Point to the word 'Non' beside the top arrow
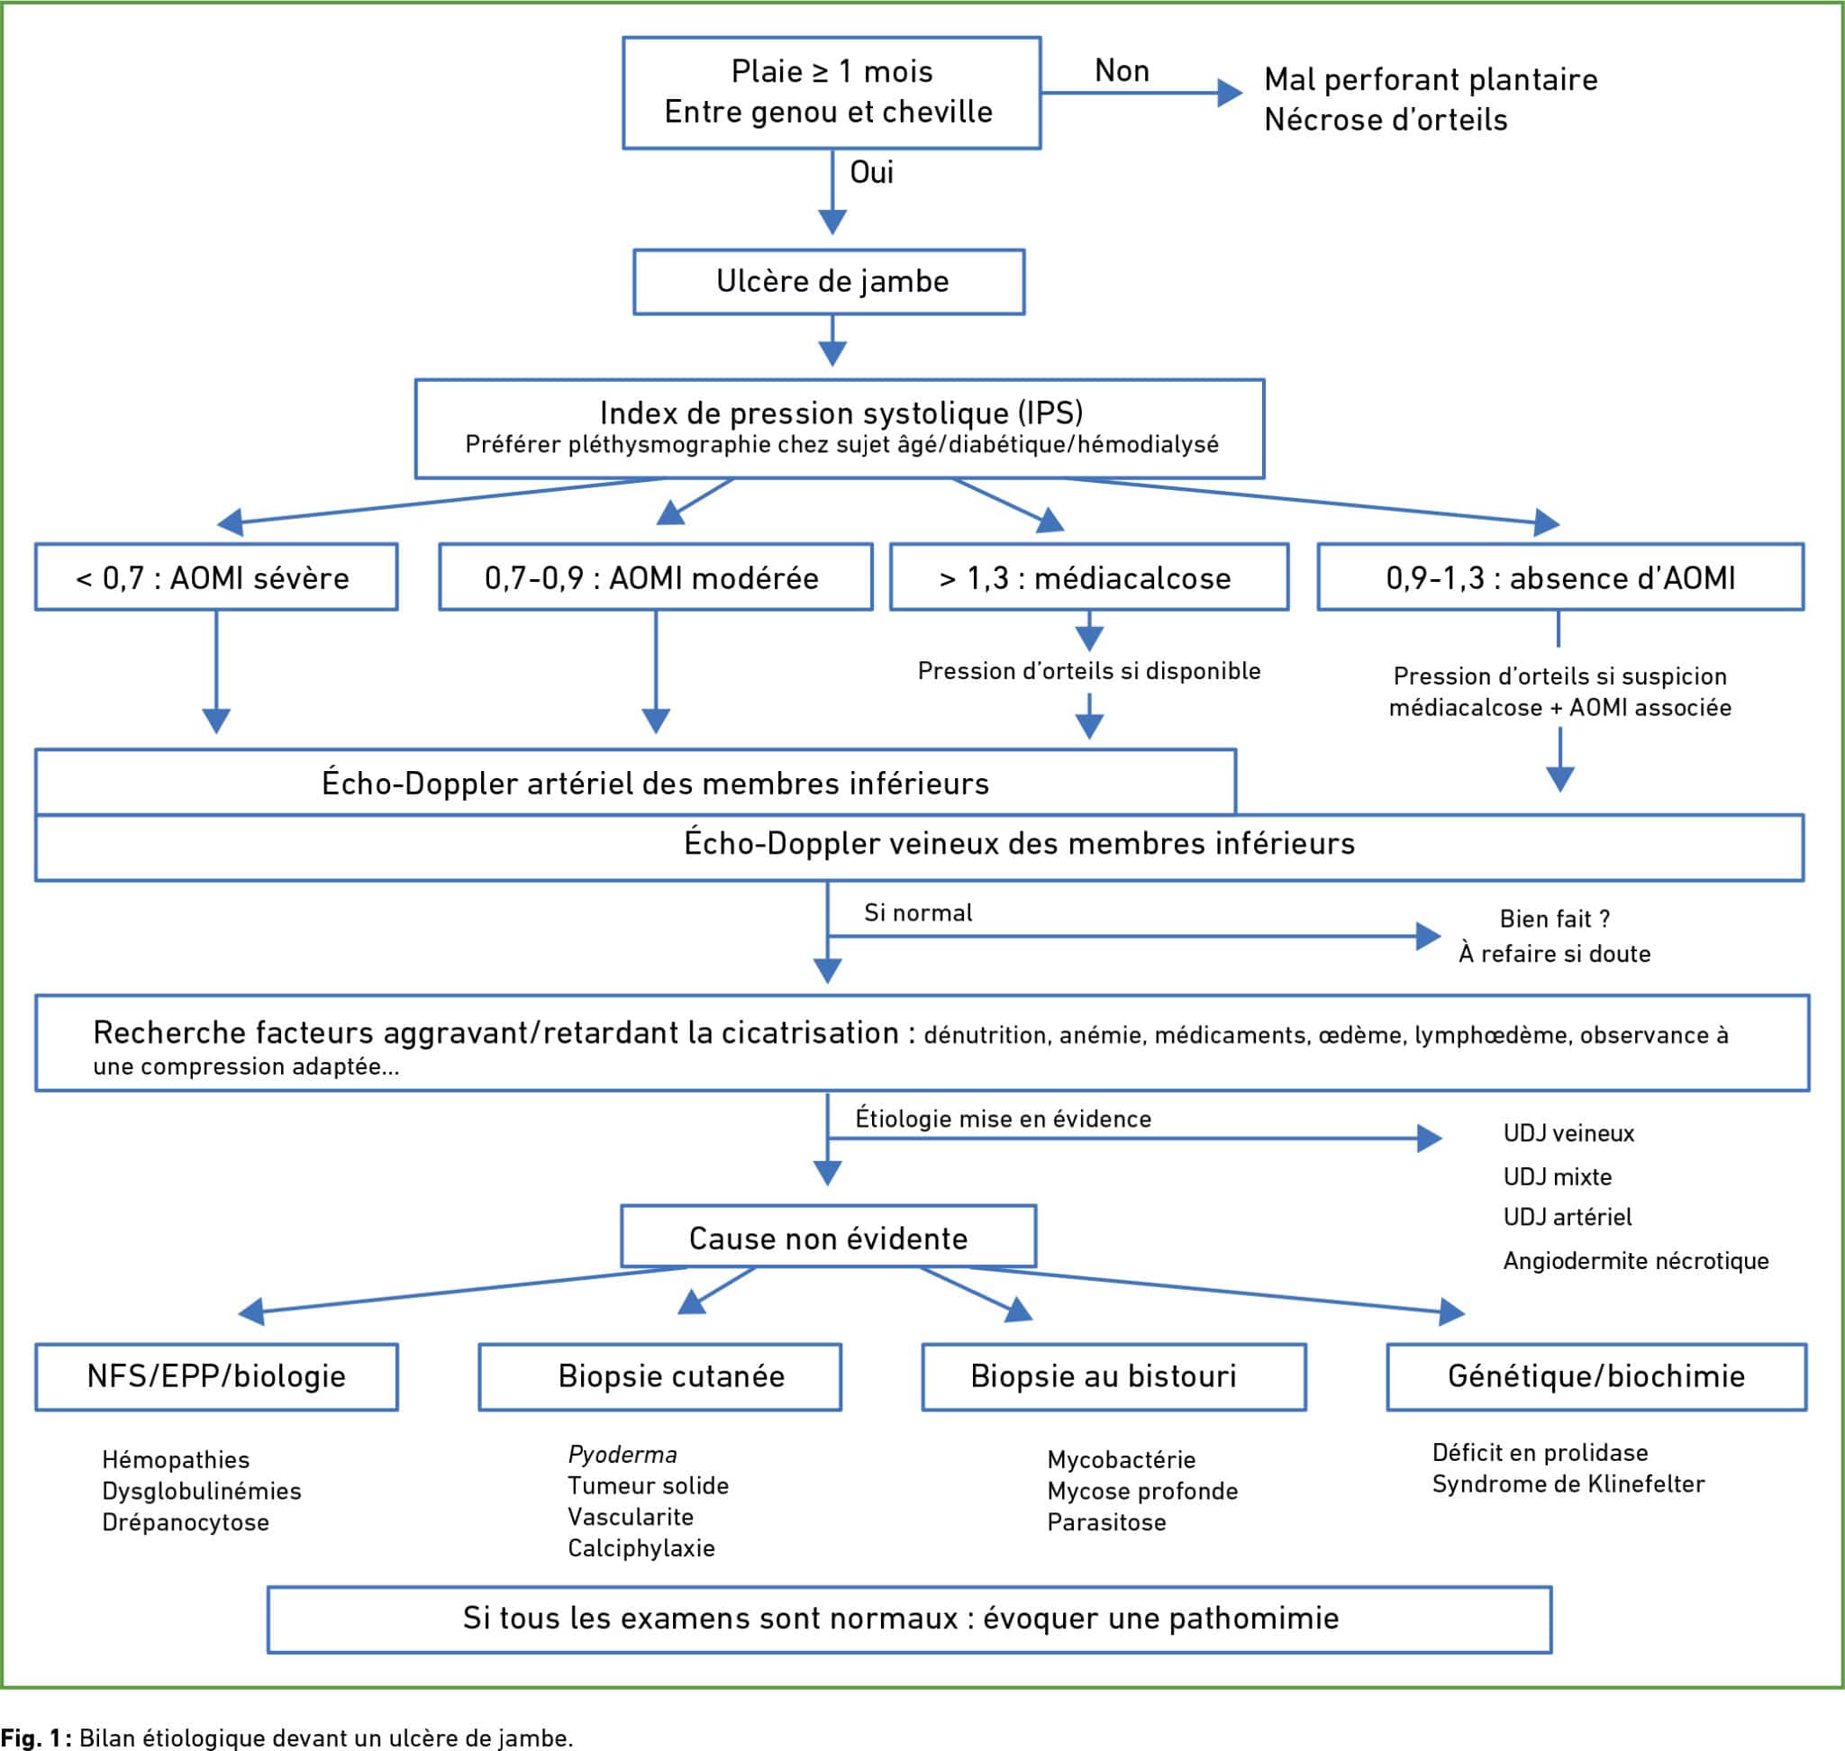(x=1122, y=71)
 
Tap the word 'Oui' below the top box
(x=871, y=173)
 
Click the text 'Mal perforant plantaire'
(x=1431, y=80)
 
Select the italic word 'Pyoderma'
(x=622, y=1454)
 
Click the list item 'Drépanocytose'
(x=185, y=1522)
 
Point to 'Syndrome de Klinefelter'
(x=1568, y=1484)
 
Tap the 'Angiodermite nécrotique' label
(x=1635, y=1261)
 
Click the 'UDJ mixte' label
(x=1557, y=1177)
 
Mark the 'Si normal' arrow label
(x=918, y=912)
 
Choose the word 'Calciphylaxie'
(x=641, y=1548)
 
